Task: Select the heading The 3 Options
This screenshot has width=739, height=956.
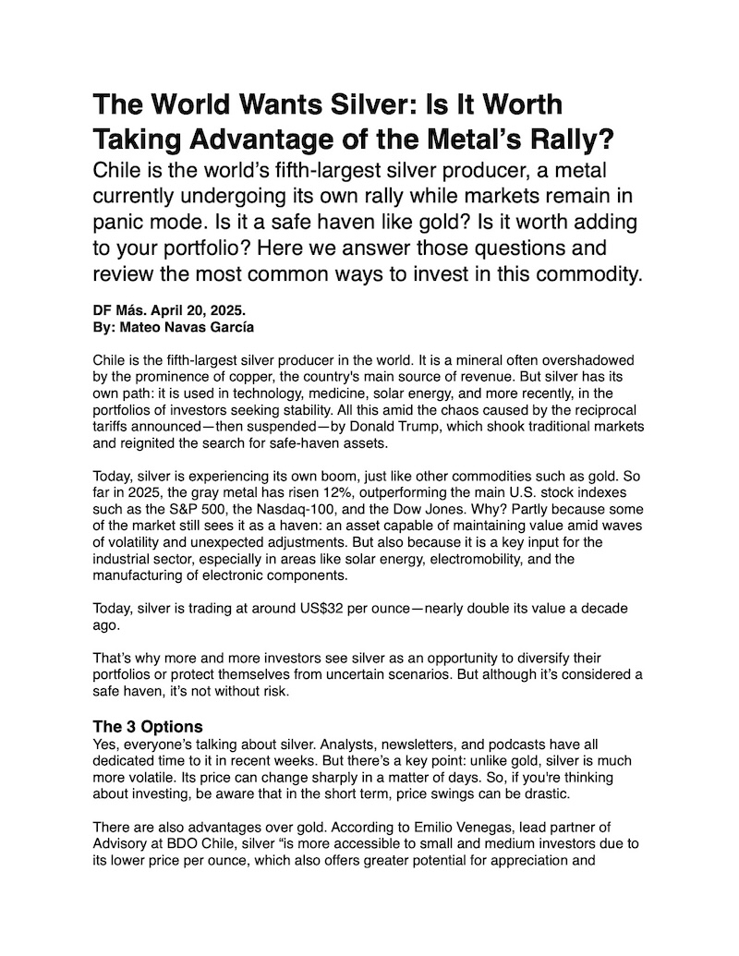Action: click(148, 726)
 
